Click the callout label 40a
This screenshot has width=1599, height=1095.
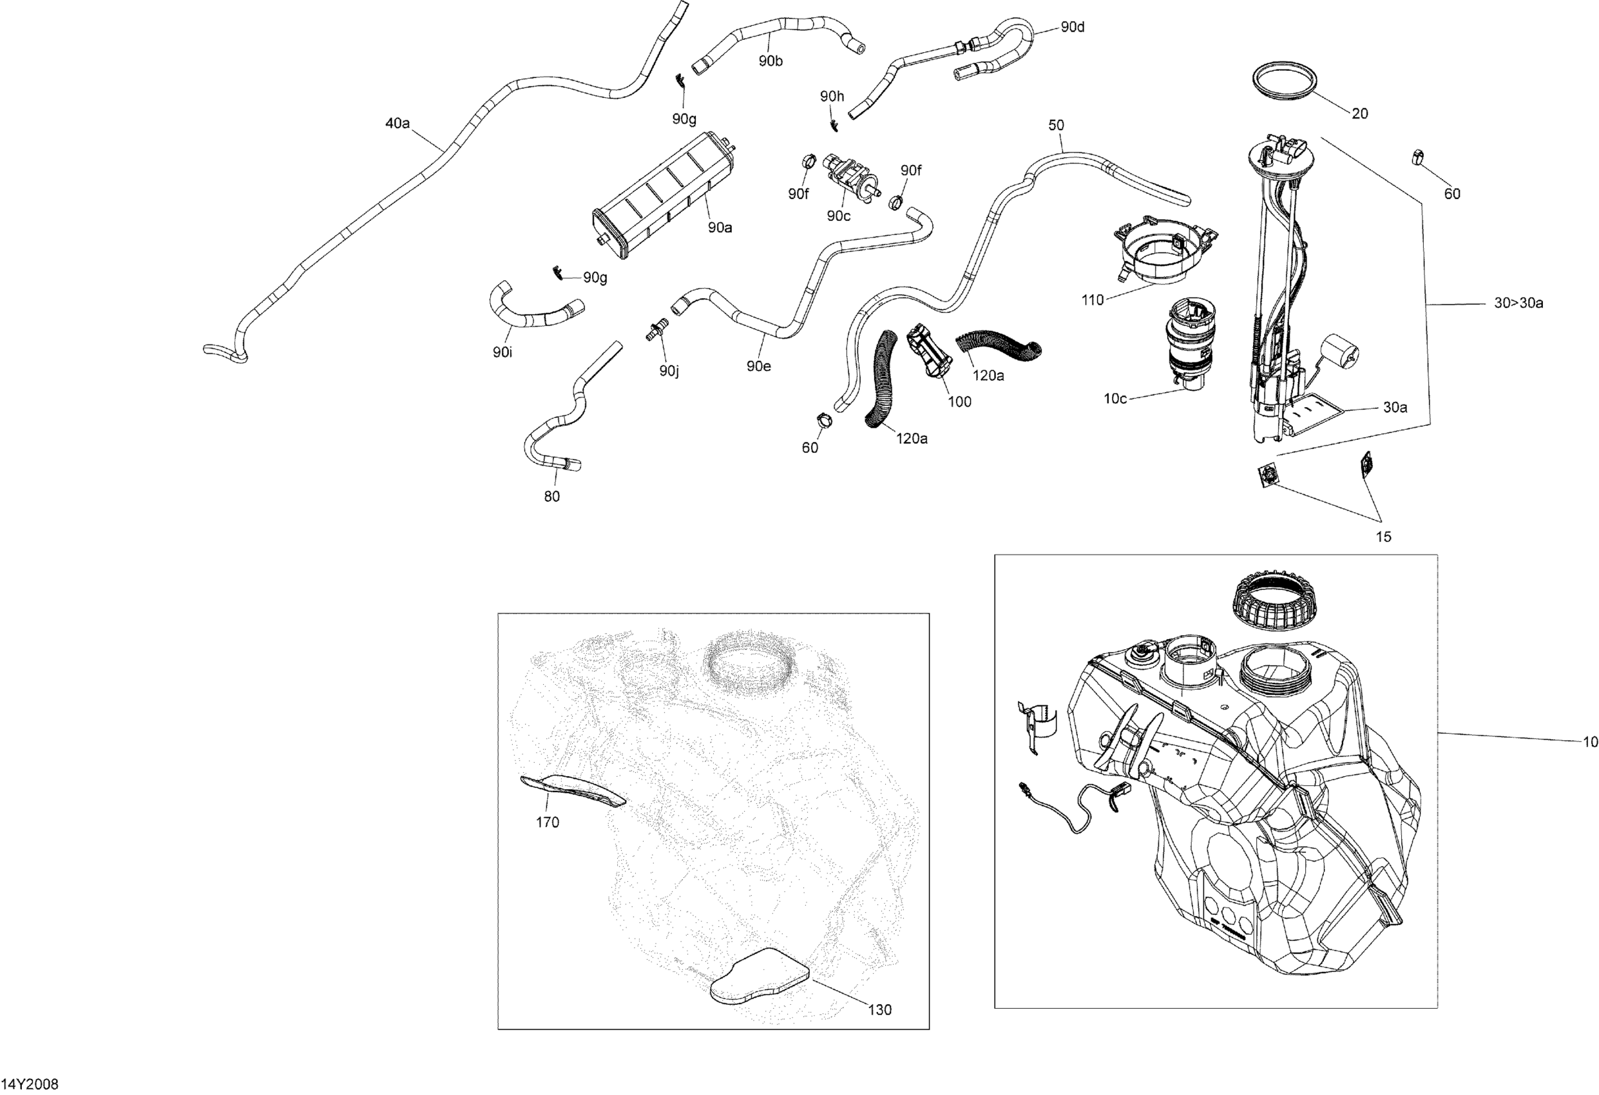pyautogui.click(x=397, y=124)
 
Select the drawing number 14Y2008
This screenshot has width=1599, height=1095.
pyautogui.click(x=30, y=1084)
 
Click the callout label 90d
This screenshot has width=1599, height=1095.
pyautogui.click(x=1072, y=27)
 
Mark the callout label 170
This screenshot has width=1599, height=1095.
pyautogui.click(x=548, y=822)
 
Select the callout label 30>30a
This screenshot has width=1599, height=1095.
pyautogui.click(x=1518, y=303)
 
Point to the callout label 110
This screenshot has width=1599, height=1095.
pyautogui.click(x=1093, y=300)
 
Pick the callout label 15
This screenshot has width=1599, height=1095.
pyautogui.click(x=1384, y=537)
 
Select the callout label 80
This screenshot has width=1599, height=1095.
pyautogui.click(x=552, y=497)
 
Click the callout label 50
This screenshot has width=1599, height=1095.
pyautogui.click(x=1056, y=125)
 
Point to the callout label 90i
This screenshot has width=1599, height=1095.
pyautogui.click(x=503, y=352)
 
